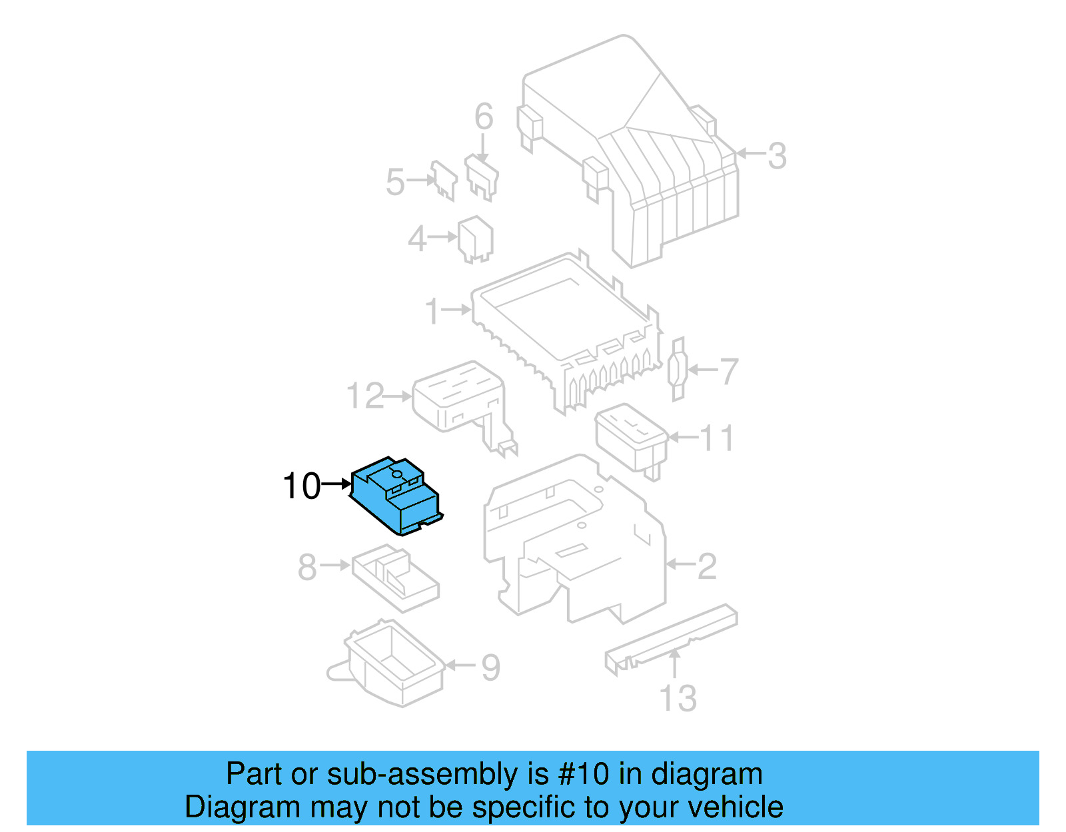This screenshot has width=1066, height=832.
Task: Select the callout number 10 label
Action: click(x=302, y=486)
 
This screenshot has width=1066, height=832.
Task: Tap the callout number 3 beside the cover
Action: click(x=777, y=156)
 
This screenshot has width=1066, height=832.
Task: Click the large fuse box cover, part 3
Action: click(x=640, y=153)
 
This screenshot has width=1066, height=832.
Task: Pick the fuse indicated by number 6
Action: click(x=482, y=177)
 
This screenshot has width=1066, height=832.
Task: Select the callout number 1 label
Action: click(x=433, y=311)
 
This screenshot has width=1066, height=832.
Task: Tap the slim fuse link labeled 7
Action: click(x=678, y=370)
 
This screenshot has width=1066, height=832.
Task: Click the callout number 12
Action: click(x=365, y=396)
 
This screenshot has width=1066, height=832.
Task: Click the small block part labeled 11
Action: click(x=630, y=436)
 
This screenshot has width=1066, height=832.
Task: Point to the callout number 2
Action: click(x=707, y=566)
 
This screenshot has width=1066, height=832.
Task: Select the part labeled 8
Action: click(x=394, y=577)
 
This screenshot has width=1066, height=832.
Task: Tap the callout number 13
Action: click(x=678, y=698)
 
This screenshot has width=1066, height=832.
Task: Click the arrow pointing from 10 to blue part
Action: click(x=336, y=485)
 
